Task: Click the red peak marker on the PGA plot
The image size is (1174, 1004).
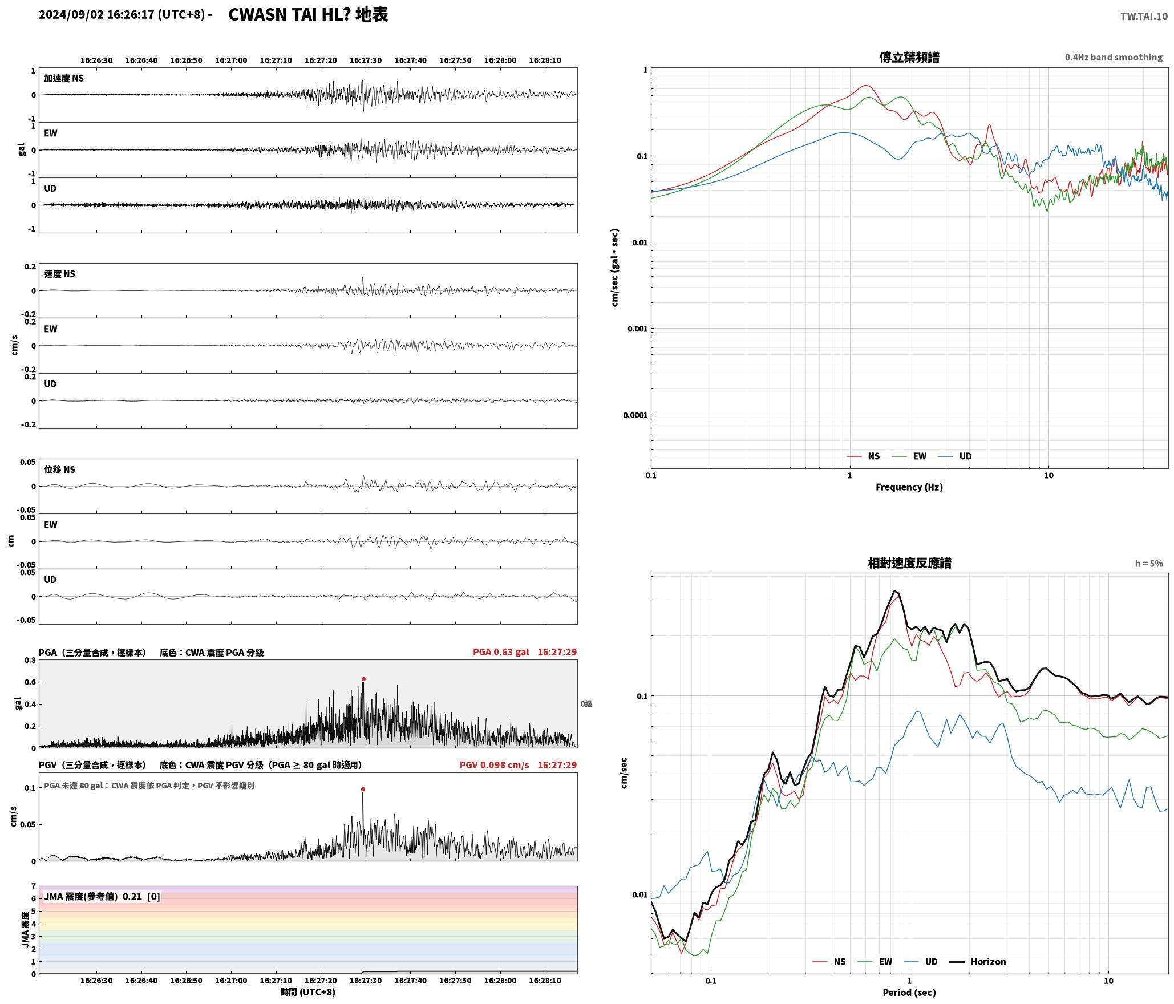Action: (x=363, y=679)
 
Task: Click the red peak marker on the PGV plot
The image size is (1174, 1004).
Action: (x=363, y=789)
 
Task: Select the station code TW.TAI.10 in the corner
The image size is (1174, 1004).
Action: (x=1144, y=17)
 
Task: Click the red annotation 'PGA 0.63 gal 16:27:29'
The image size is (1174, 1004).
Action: (x=525, y=652)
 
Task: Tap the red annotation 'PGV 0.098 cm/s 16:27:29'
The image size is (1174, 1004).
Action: (x=519, y=765)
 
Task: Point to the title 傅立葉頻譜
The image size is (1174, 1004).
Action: (x=909, y=58)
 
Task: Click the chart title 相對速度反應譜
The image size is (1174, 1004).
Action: (x=909, y=563)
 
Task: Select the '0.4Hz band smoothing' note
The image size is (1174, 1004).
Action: (x=1114, y=58)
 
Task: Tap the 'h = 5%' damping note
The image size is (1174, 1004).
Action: (x=1149, y=564)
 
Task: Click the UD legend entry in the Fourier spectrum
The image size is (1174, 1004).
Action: (x=956, y=456)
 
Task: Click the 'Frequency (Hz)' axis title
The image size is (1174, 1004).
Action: (x=909, y=487)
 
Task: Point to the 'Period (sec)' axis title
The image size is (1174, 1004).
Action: (x=909, y=993)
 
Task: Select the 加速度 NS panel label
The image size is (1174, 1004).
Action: (x=64, y=78)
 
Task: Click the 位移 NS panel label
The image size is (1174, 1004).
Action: (x=60, y=469)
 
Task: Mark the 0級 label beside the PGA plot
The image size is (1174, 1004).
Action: (x=586, y=704)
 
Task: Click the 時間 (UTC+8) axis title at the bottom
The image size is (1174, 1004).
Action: (x=308, y=992)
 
